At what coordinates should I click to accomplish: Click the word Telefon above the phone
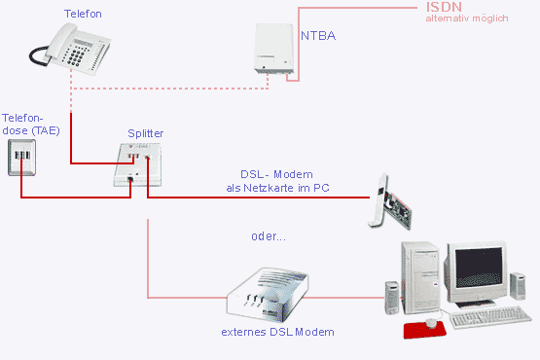[83, 14]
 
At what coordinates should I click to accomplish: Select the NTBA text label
[318, 36]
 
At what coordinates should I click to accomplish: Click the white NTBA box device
[274, 49]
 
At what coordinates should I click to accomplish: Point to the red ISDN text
[444, 7]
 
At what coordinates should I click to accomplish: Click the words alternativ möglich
[467, 18]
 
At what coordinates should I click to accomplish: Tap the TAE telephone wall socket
[21, 158]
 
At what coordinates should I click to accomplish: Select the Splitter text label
[145, 133]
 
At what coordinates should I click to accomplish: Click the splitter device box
[138, 164]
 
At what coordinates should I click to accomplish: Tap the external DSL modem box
[267, 295]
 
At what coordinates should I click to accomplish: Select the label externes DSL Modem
[277, 332]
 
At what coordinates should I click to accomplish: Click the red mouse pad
[424, 331]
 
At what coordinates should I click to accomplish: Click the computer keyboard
[490, 316]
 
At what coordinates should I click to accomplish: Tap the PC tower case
[421, 277]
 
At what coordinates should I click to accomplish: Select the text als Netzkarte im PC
[277, 188]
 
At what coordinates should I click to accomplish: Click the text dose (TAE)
[31, 131]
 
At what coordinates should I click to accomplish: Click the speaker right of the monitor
[518, 286]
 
